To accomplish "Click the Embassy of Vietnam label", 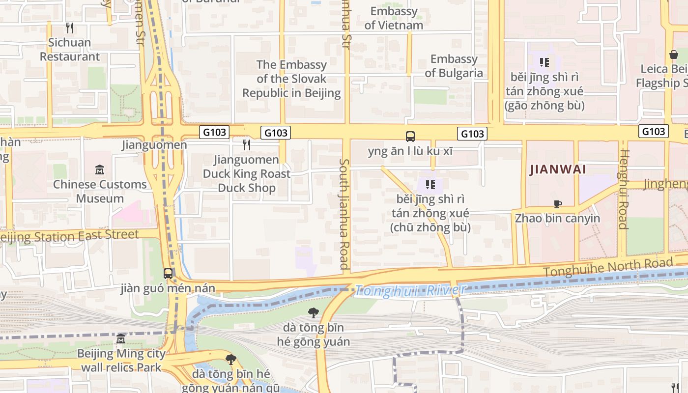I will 394,18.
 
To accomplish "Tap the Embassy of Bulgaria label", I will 454,66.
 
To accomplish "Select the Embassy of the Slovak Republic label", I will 291,79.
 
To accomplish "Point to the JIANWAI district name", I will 558,169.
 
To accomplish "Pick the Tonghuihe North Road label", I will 607,267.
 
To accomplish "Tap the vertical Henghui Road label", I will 624,189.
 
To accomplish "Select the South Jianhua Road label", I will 344,214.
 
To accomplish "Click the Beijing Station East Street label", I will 69,236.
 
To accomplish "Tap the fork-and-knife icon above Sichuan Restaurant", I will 70,28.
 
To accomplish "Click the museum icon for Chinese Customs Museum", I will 100,170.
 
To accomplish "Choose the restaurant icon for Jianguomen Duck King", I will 247,145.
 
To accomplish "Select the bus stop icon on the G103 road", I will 410,137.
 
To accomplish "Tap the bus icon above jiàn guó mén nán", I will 168,274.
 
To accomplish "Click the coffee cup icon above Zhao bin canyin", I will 557,204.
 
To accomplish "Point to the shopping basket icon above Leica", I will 673,55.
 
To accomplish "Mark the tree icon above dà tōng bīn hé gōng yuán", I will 313,312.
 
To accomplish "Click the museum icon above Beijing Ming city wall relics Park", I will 121,338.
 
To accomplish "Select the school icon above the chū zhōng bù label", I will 430,185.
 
